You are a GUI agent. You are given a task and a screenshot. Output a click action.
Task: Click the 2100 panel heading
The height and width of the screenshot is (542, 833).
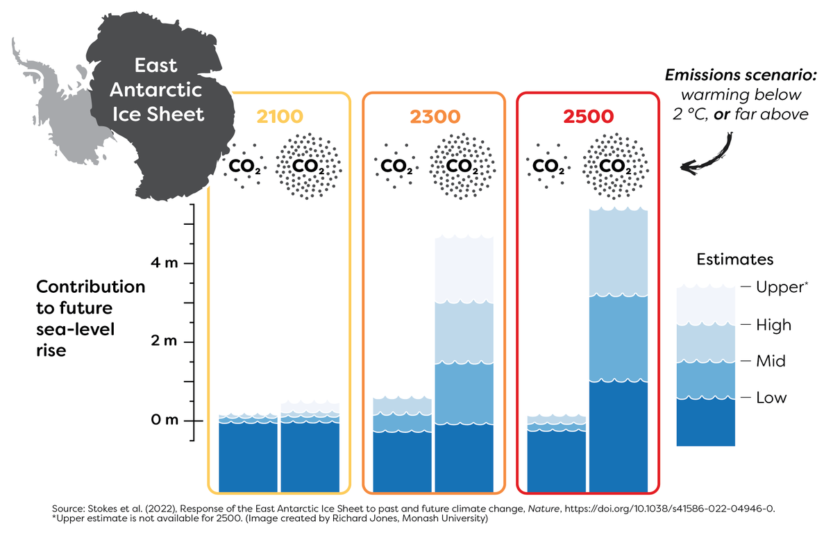pos(280,117)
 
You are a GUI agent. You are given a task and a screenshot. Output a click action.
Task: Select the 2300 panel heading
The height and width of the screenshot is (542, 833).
pos(434,117)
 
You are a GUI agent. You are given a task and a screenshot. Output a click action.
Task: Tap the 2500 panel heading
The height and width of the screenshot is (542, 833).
pos(588,117)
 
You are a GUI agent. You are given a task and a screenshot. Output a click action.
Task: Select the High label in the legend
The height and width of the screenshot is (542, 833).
pos(773,325)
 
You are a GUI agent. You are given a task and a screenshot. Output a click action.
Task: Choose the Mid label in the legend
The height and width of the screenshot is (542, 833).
pos(770,362)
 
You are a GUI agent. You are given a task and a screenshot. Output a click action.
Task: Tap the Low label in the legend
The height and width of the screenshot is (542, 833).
pos(770,398)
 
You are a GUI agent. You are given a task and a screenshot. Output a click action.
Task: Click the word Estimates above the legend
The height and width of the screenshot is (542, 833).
pos(735,260)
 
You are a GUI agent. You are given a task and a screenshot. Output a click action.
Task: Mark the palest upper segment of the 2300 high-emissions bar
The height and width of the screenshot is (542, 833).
pos(464,270)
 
